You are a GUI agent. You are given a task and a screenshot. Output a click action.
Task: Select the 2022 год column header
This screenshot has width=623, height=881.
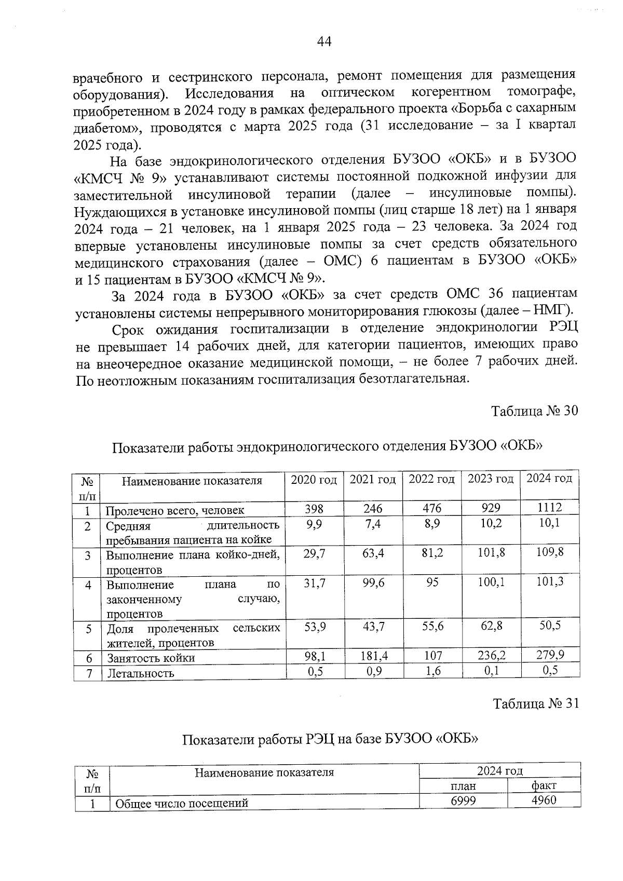[431, 479]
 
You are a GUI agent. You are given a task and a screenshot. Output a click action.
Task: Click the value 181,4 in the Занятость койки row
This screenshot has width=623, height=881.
[373, 656]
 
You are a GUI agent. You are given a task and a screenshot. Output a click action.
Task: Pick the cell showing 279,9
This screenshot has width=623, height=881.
[550, 655]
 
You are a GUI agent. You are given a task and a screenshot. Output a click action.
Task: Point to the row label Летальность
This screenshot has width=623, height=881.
[140, 674]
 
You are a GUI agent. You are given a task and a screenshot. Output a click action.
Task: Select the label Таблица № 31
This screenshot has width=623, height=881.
[535, 704]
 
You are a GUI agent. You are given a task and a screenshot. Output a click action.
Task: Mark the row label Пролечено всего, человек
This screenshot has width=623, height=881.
[175, 510]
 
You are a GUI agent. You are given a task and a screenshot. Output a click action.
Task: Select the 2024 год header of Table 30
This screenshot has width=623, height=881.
[549, 478]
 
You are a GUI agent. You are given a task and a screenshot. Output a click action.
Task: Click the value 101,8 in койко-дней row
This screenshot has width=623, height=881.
[491, 553]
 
